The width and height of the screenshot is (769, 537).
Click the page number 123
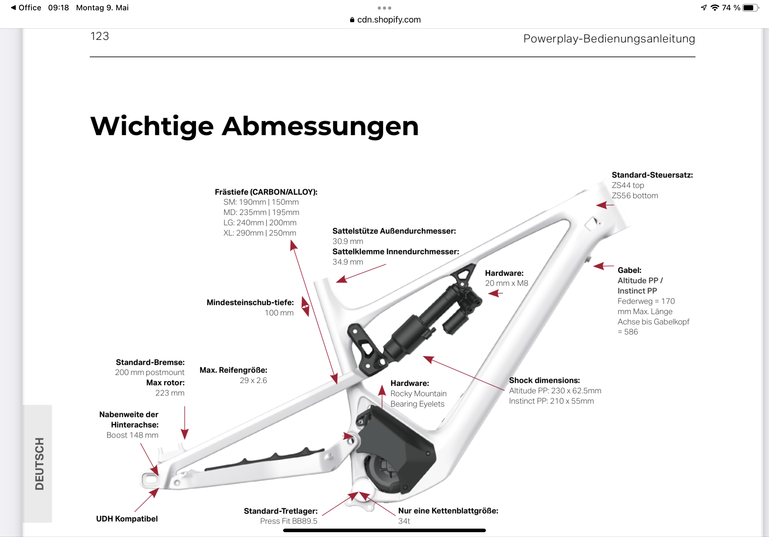tap(100, 36)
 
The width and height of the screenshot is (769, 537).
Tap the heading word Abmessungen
tap(320, 127)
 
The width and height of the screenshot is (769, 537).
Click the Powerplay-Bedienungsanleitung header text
tap(609, 39)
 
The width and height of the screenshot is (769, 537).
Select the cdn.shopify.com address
tap(388, 20)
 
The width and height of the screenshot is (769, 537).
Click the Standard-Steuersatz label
tap(652, 175)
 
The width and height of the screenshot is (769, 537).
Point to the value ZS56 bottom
tap(634, 195)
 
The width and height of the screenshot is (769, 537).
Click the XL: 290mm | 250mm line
tap(260, 233)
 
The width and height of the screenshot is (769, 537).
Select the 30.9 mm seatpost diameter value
tap(347, 241)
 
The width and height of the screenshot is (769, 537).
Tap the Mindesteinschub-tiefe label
tap(250, 302)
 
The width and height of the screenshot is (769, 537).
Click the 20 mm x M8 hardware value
tap(506, 283)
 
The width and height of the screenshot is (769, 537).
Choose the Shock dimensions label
tap(544, 380)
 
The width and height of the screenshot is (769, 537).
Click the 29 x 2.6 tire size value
tap(253, 380)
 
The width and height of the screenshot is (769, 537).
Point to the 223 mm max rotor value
tap(169, 393)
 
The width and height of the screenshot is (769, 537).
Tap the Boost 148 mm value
tap(132, 435)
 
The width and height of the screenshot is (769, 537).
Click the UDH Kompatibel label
tap(127, 519)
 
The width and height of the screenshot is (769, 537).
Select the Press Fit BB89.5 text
tap(289, 521)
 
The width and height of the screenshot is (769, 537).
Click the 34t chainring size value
tap(404, 521)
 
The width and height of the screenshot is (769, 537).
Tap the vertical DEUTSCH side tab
tap(39, 463)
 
